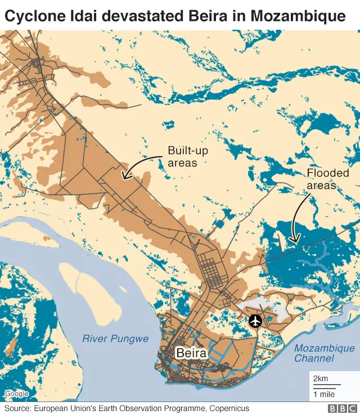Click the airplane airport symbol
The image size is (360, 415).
point(255,321)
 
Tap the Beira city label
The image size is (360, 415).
point(191,353)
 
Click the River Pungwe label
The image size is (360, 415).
point(115,339)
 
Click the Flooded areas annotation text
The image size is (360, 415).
point(327,179)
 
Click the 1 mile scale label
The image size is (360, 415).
point(323,394)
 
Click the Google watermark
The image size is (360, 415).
point(16,394)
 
